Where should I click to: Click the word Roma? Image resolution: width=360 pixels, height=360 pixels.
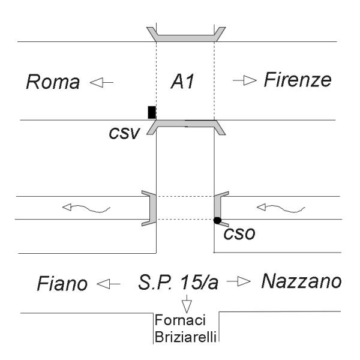[x=53, y=82]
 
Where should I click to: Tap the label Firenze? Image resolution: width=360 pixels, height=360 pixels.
[x=298, y=80]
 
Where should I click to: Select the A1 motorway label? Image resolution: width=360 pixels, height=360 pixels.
[x=182, y=82]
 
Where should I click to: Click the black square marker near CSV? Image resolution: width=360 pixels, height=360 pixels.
[x=152, y=112]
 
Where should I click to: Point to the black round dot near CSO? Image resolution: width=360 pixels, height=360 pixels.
[x=217, y=220]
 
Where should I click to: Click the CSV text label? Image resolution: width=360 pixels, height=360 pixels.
[x=124, y=133]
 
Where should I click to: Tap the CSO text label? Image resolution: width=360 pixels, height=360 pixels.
[x=239, y=234]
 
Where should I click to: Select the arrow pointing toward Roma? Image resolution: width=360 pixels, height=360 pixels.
[x=101, y=82]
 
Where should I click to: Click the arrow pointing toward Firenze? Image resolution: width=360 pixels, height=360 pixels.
[x=245, y=80]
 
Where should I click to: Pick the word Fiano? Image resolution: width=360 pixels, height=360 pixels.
[x=62, y=284]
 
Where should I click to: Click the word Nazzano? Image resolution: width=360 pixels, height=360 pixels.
[x=301, y=281]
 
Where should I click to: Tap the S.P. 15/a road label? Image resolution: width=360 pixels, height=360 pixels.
[x=178, y=282]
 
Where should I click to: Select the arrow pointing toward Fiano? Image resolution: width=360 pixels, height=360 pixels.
[x=109, y=284]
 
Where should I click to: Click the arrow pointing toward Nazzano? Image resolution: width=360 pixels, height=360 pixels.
[x=239, y=281]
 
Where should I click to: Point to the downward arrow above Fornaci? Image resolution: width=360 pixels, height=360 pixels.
[x=187, y=304]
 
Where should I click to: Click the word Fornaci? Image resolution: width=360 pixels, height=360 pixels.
[x=180, y=320]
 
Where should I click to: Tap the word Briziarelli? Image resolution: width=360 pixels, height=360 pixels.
[x=185, y=337]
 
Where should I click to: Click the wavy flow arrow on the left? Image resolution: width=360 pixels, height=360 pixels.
[x=86, y=208]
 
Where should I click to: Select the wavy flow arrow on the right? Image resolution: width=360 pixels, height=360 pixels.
[x=281, y=208]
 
